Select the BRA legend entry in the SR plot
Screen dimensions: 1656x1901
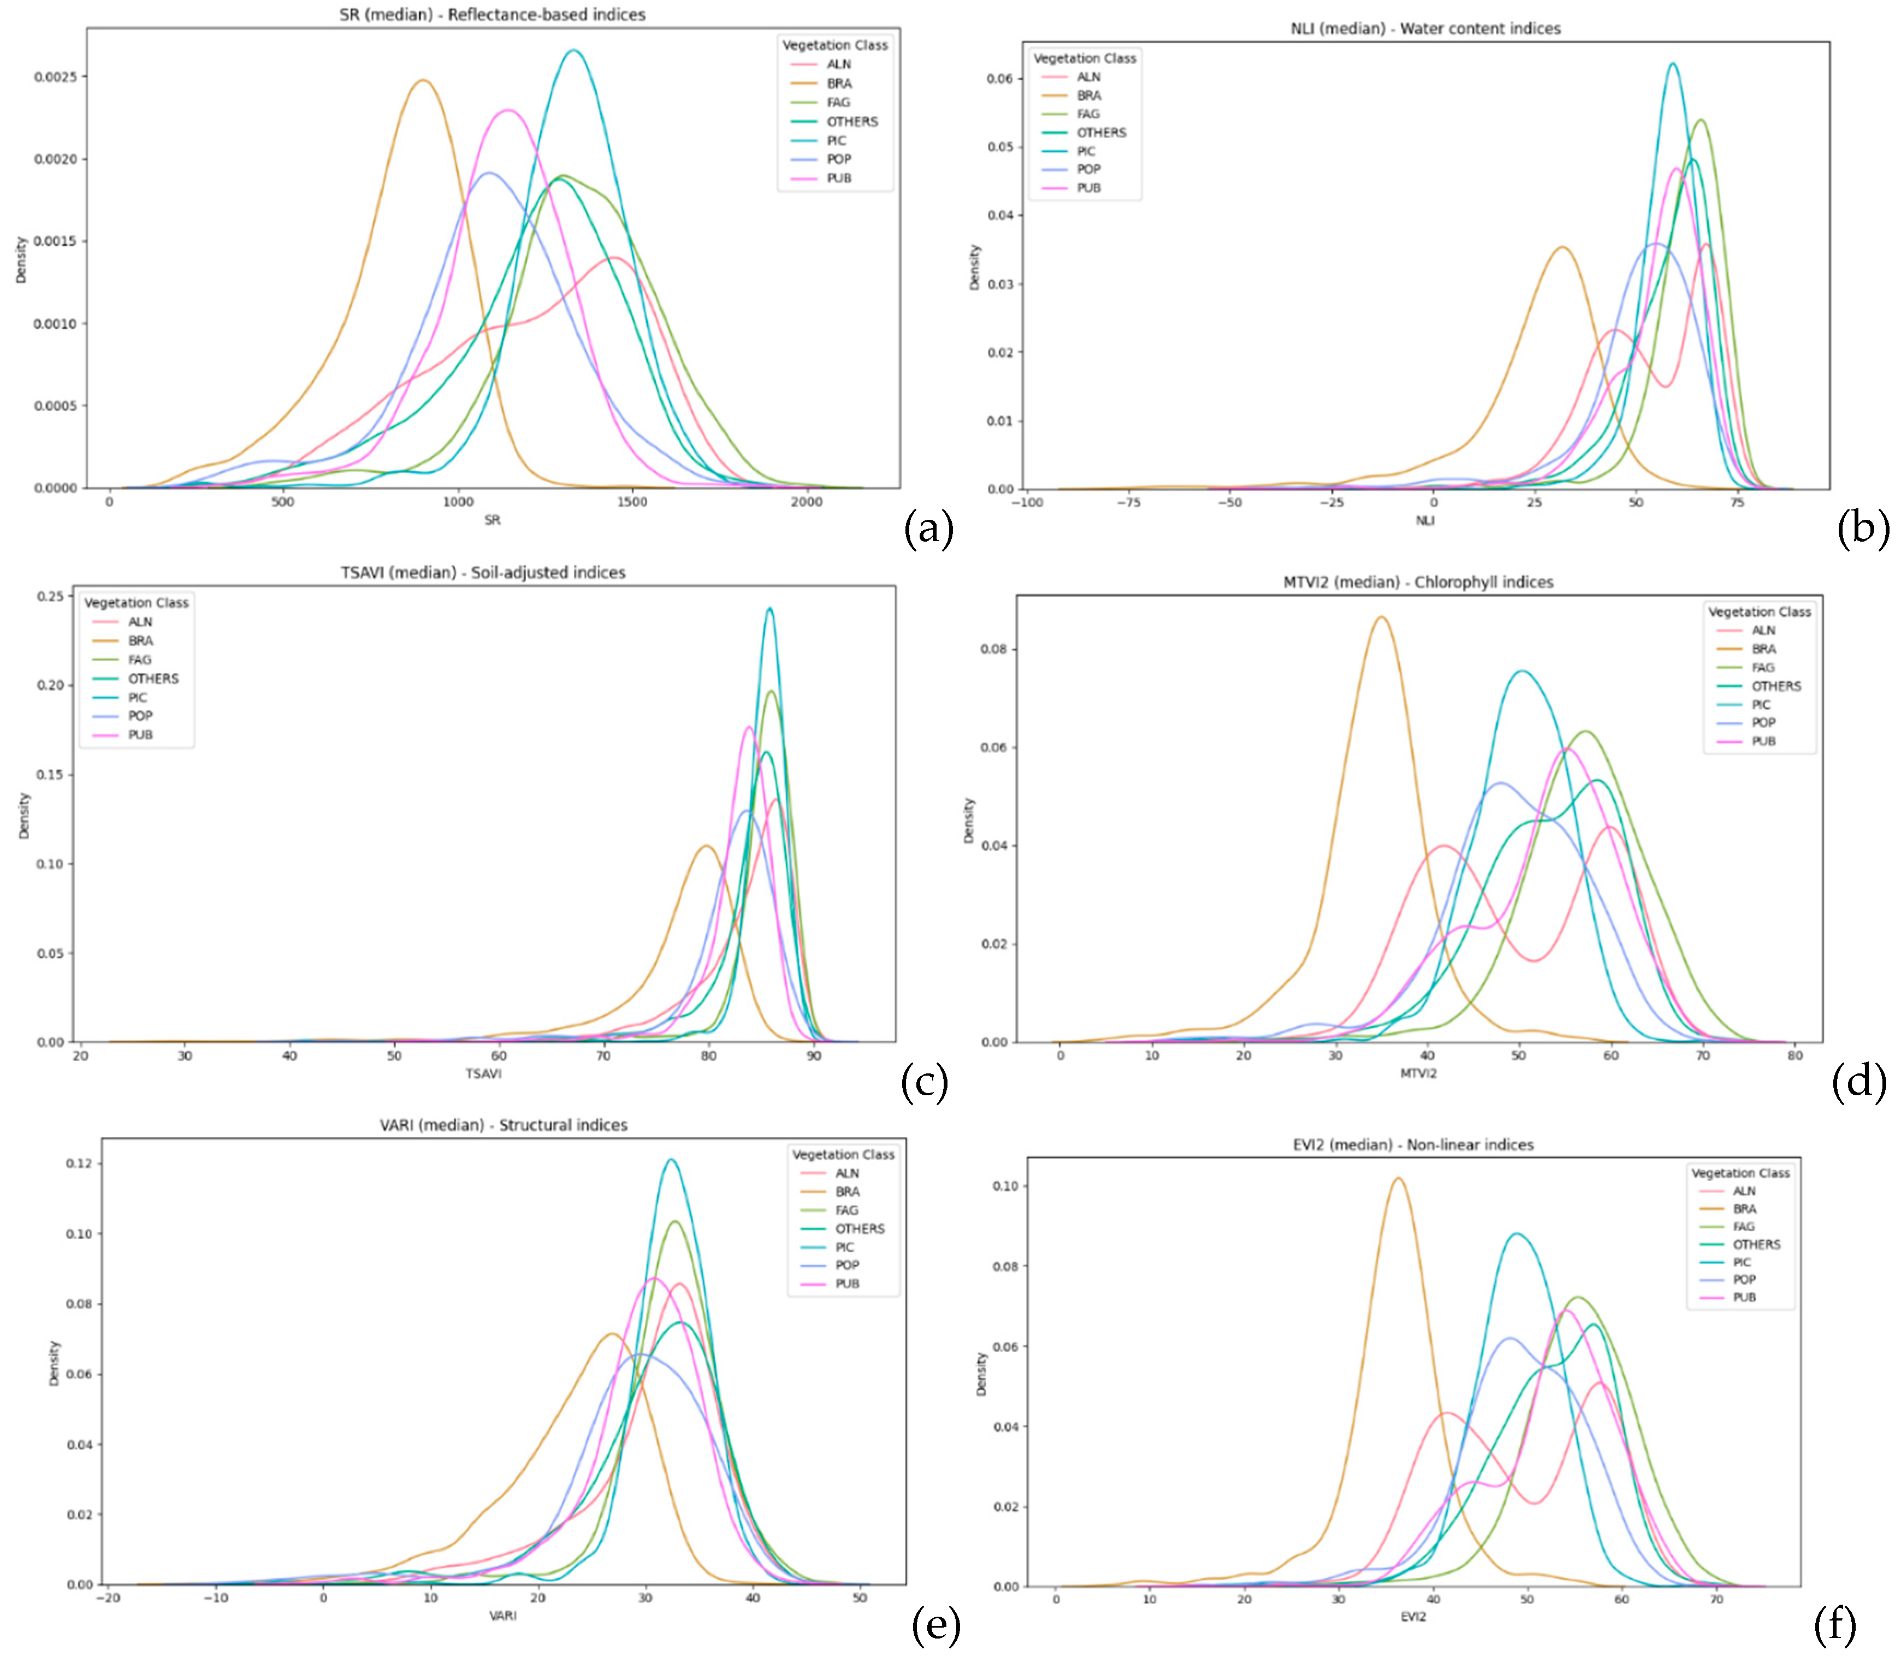(838, 83)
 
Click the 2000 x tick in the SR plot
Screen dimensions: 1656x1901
(806, 502)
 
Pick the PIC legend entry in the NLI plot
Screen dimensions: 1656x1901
(1085, 151)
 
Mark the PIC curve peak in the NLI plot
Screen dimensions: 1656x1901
(1673, 64)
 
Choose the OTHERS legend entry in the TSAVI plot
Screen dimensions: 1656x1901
(152, 678)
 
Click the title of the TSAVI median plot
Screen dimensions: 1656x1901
(482, 572)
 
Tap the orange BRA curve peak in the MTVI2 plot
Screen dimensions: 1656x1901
(1382, 618)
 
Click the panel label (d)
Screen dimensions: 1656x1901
(1858, 1081)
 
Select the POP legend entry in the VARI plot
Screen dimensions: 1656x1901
(846, 1265)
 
